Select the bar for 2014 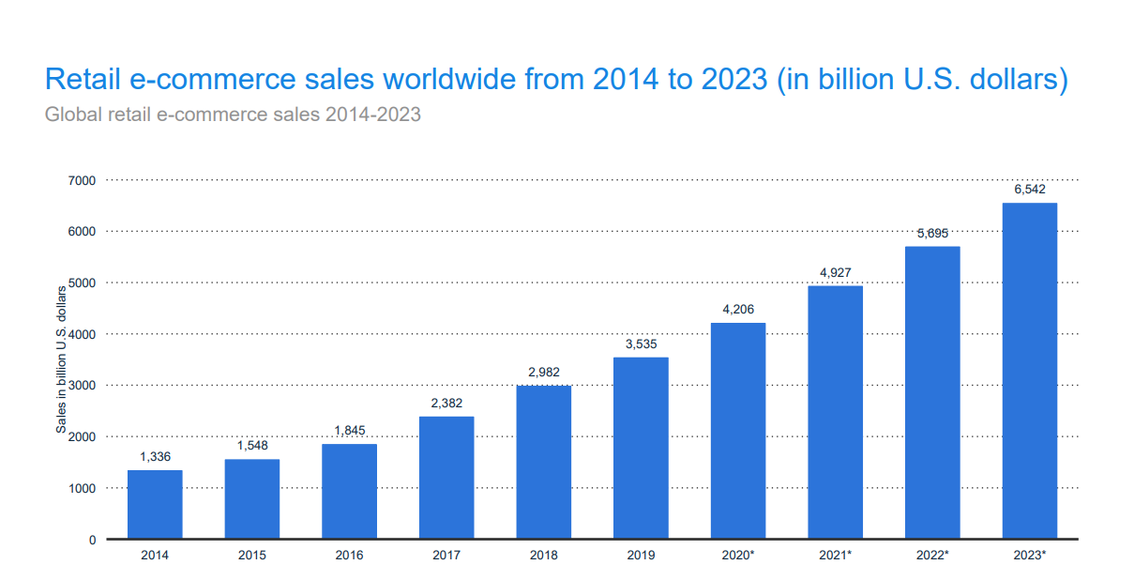155,504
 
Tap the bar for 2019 641,448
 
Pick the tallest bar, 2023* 1030,371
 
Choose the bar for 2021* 835,412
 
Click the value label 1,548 251,446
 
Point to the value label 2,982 543,372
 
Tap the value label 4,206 738,309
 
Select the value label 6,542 1030,190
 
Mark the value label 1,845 349,430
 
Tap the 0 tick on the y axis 92,540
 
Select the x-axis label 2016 349,556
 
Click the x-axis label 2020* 738,556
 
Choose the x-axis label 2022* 932,556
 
